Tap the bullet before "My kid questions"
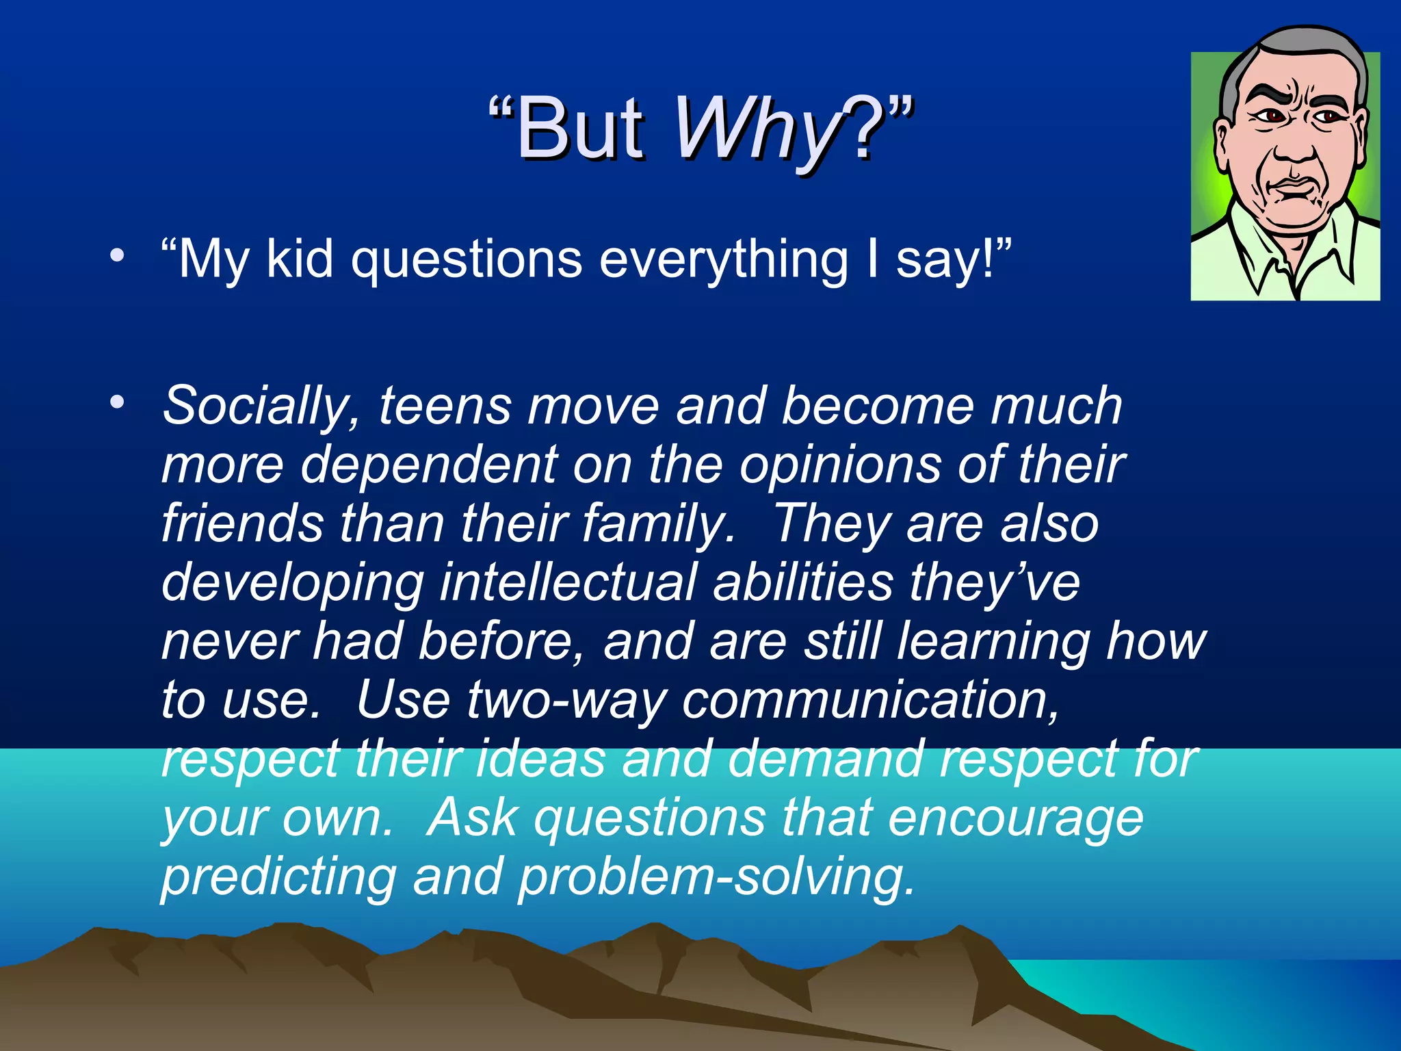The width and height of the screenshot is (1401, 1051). click(118, 256)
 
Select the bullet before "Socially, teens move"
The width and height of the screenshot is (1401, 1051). click(118, 402)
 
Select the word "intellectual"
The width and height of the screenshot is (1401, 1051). click(568, 582)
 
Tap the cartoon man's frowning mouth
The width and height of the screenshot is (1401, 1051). click(1292, 188)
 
